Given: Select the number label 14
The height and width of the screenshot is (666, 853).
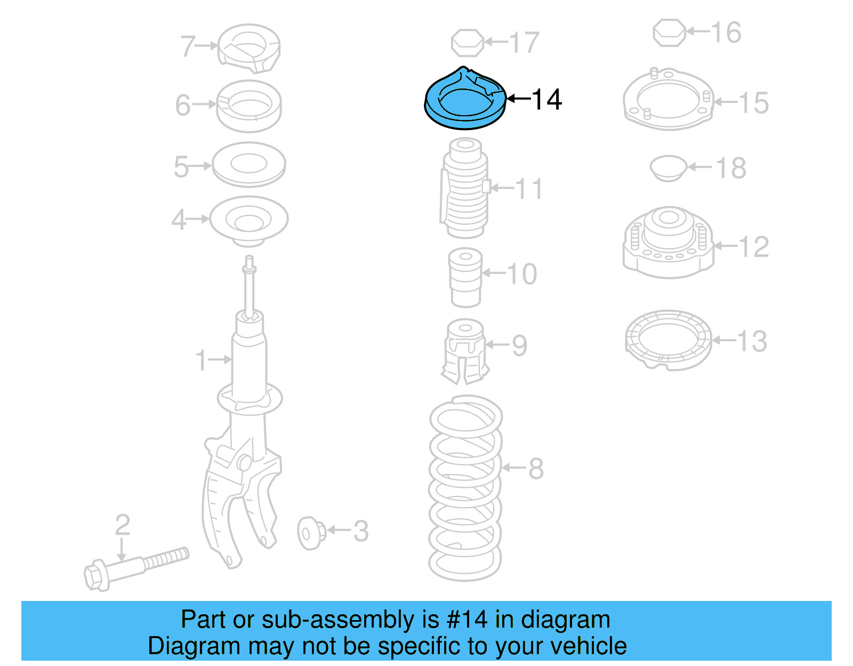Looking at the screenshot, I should pos(546,99).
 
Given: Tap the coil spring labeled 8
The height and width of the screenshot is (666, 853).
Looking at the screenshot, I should pos(465,488).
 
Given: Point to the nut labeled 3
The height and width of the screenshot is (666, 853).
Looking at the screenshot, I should pos(311,532).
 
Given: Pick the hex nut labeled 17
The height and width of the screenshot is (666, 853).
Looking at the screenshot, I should pos(468,43).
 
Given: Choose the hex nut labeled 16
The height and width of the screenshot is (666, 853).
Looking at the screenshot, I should pos(669,33).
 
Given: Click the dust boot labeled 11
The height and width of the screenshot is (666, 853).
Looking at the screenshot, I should pos(465,189).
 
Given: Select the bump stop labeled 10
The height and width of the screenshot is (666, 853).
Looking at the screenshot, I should pos(466,277).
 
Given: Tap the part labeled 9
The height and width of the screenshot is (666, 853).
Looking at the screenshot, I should pos(465,352).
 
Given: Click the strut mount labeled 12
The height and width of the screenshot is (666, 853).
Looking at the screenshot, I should pos(668,243).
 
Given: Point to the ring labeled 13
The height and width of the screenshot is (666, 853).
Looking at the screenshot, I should pos(668,340).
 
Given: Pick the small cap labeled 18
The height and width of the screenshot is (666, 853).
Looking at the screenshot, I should pos(668,168).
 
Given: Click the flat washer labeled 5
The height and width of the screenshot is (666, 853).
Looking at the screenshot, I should pos(248,164).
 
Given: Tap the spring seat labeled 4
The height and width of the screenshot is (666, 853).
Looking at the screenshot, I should pos(248,220).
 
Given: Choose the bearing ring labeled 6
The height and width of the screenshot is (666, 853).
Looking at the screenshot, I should pos(248,106).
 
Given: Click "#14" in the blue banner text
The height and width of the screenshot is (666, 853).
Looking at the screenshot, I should pos(466,620).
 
